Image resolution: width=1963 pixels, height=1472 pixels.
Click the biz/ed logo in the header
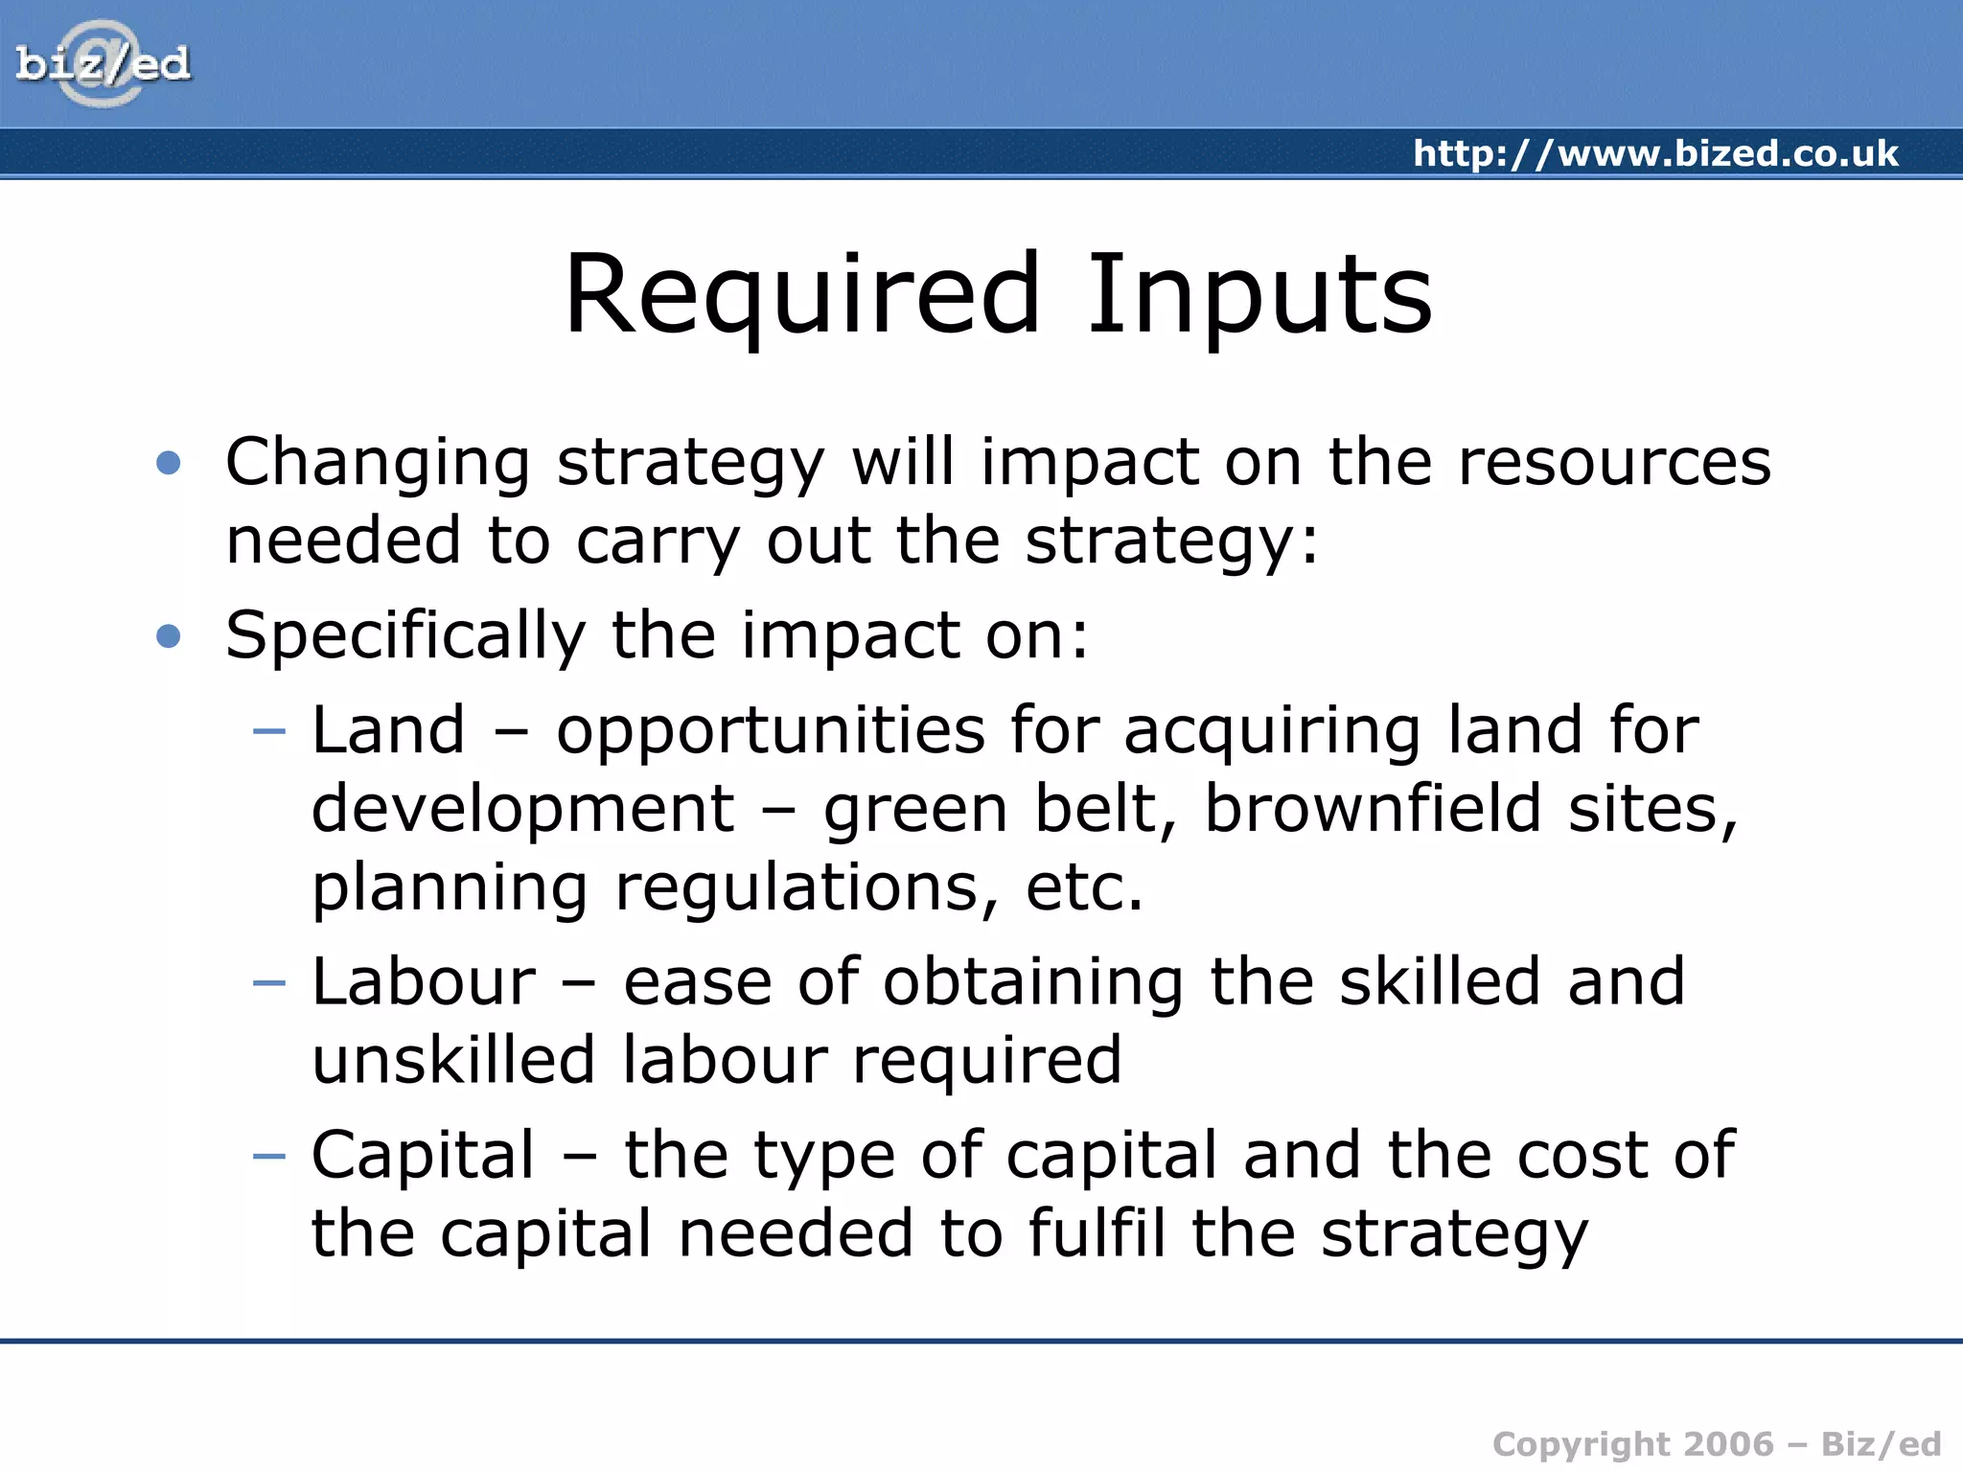pos(103,64)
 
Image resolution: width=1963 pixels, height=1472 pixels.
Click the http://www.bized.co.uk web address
pos(1655,153)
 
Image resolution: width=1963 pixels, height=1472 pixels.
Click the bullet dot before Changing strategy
pos(169,464)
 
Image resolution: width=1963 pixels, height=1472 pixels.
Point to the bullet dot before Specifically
pos(169,635)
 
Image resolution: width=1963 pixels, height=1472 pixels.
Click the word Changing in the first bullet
pos(378,464)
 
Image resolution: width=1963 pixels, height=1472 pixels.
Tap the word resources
pos(1614,462)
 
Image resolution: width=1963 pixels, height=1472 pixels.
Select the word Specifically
pos(404,636)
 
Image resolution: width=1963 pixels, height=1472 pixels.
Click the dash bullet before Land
pos(269,731)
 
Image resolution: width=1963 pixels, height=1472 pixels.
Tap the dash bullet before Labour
pos(269,982)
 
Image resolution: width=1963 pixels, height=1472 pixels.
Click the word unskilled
pos(453,1060)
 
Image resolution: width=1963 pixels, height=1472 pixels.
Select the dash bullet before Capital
pos(269,1156)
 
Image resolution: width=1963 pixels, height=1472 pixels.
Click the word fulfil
pos(1097,1233)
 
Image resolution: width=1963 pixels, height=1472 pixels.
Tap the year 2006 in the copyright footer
pos(1728,1444)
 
